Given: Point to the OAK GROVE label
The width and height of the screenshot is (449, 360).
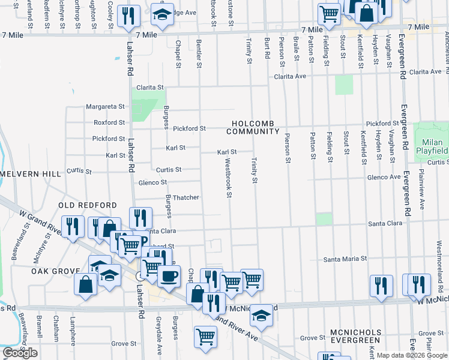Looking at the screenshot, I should click(x=52, y=271).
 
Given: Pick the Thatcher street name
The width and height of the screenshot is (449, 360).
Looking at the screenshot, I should click(x=186, y=197).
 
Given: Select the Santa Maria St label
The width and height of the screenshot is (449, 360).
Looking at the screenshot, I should click(x=345, y=259).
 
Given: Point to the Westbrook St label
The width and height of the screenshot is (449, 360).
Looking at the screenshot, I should click(x=228, y=177).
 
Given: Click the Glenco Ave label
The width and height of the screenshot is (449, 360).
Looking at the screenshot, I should click(x=384, y=177).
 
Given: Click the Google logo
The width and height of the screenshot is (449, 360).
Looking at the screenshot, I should click(x=20, y=353).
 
